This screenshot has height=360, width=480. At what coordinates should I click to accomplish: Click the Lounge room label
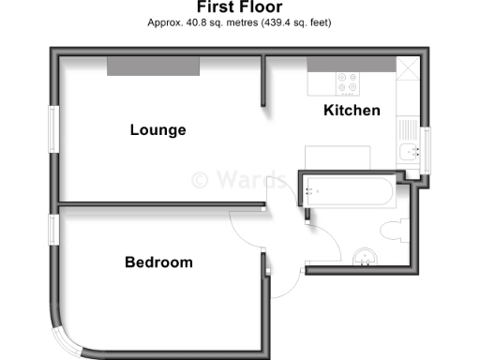(157, 130)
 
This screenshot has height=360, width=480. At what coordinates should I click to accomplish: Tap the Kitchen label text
(352, 111)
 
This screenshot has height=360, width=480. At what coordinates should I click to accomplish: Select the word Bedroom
(158, 262)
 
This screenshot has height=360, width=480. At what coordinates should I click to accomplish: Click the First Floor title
(239, 7)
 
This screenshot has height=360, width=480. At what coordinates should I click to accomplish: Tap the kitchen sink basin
(408, 152)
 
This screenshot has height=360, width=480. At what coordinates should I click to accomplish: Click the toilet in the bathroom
(393, 230)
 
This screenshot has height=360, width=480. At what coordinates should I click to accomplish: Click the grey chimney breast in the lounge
(153, 66)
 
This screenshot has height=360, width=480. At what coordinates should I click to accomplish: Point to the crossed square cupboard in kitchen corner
(408, 69)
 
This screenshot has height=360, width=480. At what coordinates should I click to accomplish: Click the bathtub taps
(312, 191)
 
